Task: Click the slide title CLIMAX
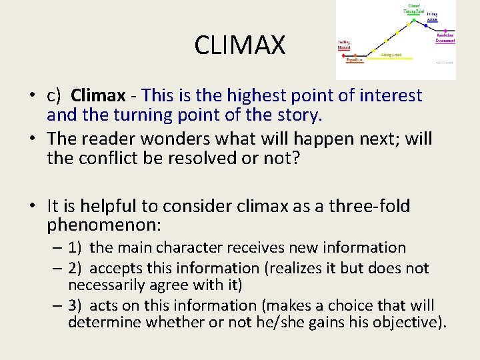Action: (240, 45)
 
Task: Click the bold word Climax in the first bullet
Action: (98, 96)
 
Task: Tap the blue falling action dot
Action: (425, 26)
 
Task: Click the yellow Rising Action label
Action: (391, 55)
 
